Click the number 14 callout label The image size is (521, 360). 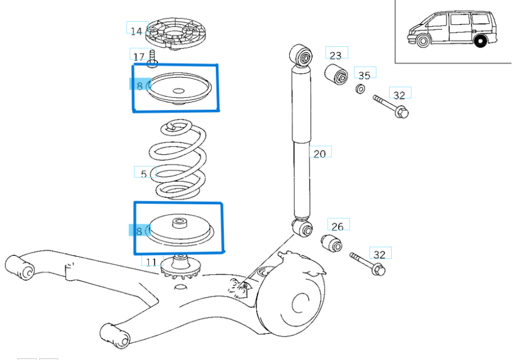pos(136,31)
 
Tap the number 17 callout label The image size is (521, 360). pos(138,56)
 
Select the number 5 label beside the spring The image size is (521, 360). pos(144,174)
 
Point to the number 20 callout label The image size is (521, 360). pos(320,154)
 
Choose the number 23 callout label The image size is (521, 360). pos(336,54)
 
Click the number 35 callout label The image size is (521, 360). pos(364,75)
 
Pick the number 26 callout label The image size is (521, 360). pos(338,226)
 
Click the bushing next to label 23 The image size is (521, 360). pos(336,74)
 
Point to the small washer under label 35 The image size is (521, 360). pos(360,89)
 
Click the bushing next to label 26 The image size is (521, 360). pos(332,243)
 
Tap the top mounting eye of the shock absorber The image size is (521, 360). pos(301,56)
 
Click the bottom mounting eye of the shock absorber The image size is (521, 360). pos(303,229)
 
